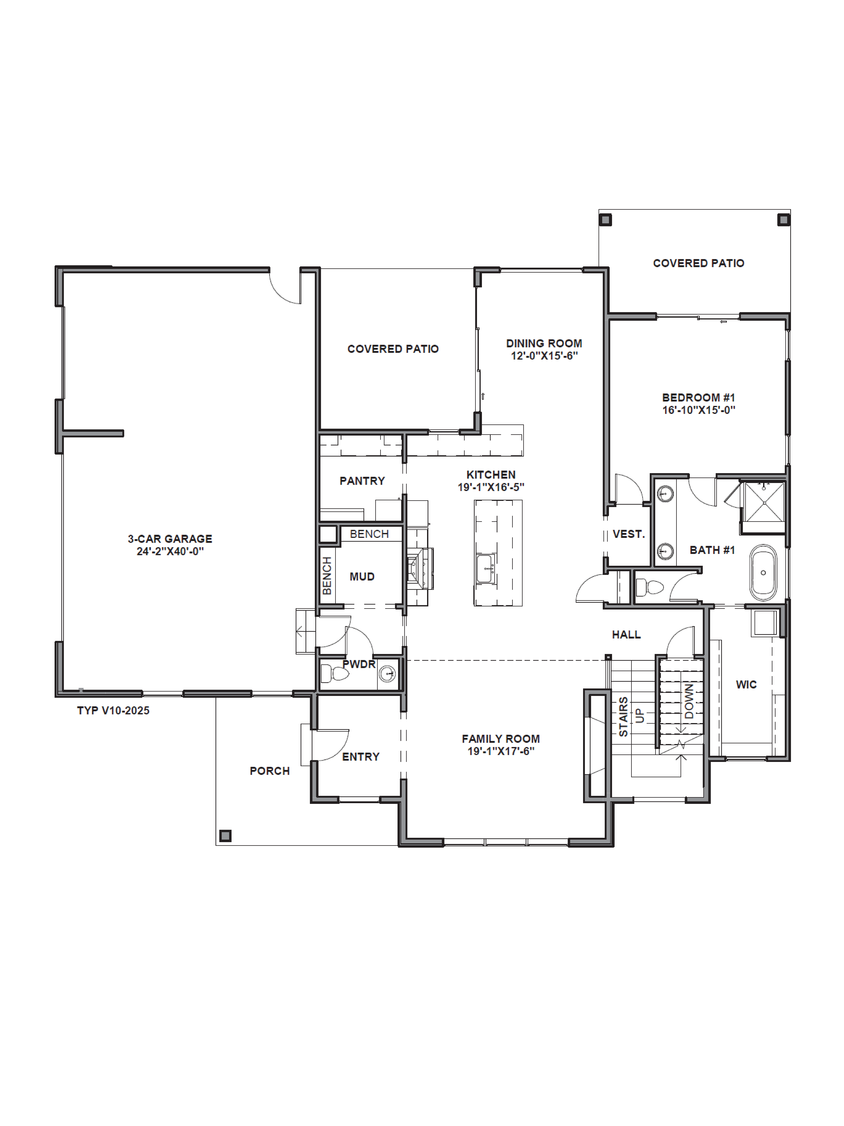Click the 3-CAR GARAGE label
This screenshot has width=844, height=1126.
170,539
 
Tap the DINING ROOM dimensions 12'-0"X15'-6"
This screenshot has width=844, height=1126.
544,356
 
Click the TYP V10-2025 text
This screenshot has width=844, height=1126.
113,711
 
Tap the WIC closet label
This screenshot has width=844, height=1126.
746,685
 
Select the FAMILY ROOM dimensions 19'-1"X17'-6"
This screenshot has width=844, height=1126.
501,751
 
